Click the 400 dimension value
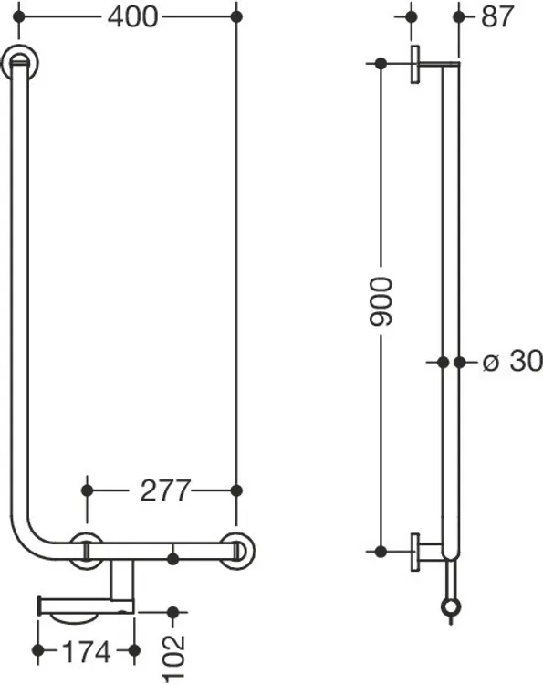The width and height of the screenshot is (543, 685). pos(132,17)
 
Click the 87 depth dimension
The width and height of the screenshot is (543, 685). pos(496,17)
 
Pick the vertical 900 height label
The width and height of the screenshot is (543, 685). pos(381,301)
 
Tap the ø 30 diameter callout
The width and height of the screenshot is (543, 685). pos(513,362)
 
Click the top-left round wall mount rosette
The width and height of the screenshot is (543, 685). pos(20,62)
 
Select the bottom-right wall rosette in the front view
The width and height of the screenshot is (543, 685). pos(236,551)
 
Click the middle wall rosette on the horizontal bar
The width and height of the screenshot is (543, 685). pos(88,551)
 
